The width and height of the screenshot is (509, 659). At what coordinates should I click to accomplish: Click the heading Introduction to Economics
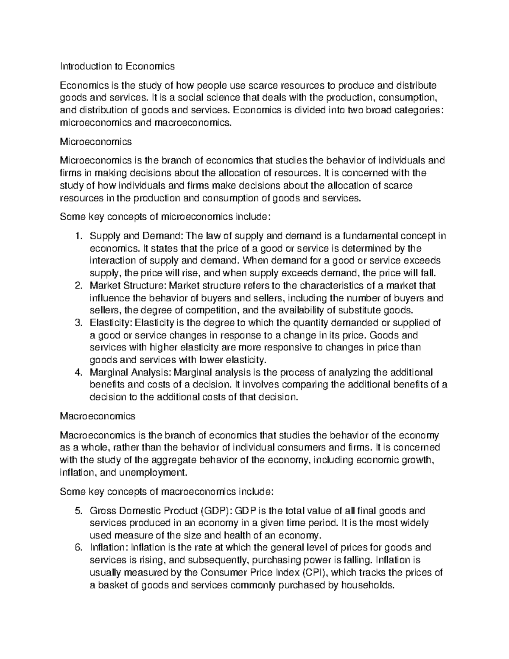(x=117, y=67)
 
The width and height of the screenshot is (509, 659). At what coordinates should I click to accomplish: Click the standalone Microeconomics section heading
(x=96, y=141)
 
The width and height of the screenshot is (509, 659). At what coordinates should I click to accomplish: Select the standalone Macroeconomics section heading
(x=98, y=416)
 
